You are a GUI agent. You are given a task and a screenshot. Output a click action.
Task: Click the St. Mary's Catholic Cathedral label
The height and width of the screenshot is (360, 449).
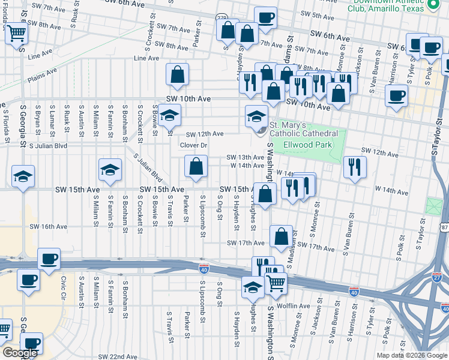click(303, 129)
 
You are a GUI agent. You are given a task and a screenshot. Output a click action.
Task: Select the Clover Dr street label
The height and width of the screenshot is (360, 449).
click(193, 145)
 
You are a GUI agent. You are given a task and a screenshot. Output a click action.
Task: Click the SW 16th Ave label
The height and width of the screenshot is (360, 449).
click(49, 226)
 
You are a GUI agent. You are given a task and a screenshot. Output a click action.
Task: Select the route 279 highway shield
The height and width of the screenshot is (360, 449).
click(221, 18)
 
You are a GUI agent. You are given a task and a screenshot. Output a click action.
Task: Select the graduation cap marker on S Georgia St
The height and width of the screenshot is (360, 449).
click(23, 176)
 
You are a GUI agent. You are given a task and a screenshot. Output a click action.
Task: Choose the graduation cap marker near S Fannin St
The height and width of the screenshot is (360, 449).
click(110, 171)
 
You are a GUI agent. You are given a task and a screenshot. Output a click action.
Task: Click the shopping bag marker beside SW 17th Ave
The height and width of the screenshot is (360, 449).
click(281, 236)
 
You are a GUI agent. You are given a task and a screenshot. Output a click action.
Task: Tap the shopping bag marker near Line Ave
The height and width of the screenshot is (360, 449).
click(177, 74)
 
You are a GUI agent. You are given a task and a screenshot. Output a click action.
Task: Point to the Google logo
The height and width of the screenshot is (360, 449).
click(19, 353)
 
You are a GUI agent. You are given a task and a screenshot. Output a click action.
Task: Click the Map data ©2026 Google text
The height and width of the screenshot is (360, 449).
click(411, 355)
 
